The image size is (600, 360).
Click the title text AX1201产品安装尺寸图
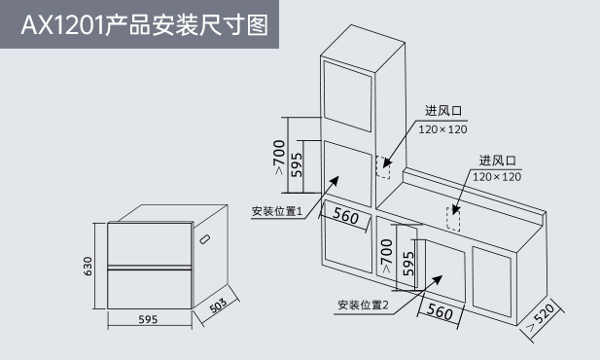[x=145, y=25]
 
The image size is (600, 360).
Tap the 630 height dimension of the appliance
[x=88, y=267]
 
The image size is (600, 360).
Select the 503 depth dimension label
[x=219, y=305]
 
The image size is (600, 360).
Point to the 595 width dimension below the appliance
[x=148, y=319]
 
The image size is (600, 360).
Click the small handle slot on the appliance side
[x=205, y=239]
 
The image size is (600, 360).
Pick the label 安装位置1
[x=277, y=211]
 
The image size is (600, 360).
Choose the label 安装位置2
[x=363, y=305]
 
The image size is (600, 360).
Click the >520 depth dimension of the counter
[x=541, y=317]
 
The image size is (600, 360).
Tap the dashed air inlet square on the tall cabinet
[x=383, y=167]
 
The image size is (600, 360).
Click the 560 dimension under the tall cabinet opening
[x=345, y=216]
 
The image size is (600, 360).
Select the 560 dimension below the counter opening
[x=440, y=311]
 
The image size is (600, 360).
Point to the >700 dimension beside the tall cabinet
[x=279, y=157]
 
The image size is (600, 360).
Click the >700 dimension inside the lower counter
[x=386, y=256]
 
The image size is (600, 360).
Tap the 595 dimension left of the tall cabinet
[x=297, y=165]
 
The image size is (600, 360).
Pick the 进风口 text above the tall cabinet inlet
[x=443, y=111]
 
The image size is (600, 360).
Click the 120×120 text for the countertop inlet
[x=497, y=177]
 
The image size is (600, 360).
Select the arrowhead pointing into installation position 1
[x=335, y=181]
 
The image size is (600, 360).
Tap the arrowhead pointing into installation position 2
[x=437, y=280]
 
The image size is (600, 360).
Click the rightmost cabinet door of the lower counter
[x=492, y=281]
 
